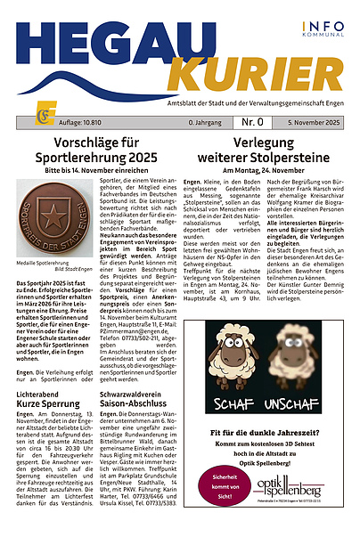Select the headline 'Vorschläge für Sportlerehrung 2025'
pos(94,148)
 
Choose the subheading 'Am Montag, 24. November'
pos(269,168)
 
